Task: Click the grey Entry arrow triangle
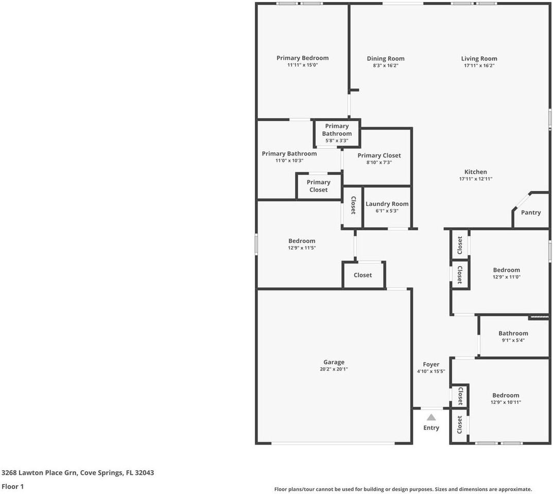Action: click(431, 417)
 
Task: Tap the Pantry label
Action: click(531, 213)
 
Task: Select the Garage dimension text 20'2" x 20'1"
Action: click(334, 369)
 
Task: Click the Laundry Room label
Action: click(387, 204)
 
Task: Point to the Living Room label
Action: click(479, 59)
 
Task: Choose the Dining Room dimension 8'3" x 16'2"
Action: click(386, 65)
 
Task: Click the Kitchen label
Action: click(475, 172)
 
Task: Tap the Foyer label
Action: click(431, 365)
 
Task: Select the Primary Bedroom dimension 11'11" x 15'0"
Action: click(303, 65)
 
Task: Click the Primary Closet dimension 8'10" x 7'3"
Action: click(379, 163)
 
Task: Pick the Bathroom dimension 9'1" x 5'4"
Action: click(513, 340)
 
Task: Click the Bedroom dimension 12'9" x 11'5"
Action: click(302, 248)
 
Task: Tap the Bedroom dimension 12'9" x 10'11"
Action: click(506, 402)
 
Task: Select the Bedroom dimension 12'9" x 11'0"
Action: click(507, 277)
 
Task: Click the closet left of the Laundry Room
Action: click(352, 207)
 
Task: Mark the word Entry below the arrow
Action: click(431, 428)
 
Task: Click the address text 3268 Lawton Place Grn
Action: click(39, 473)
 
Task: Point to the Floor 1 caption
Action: click(13, 487)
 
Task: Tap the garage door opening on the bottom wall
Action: click(333, 443)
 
